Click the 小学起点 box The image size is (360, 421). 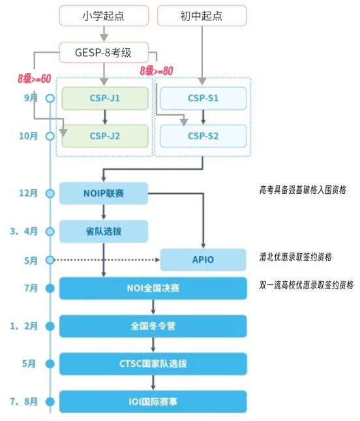click(x=104, y=16)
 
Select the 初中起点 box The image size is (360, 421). click(x=202, y=16)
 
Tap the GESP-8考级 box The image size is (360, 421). click(x=104, y=52)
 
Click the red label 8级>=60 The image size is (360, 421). click(x=35, y=78)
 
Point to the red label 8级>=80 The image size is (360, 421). click(x=157, y=70)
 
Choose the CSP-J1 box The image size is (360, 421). click(x=105, y=99)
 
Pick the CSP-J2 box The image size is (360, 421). click(x=105, y=136)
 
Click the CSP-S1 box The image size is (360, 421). click(x=203, y=99)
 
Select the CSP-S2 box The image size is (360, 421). click(x=203, y=136)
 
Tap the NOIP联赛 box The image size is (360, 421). click(x=104, y=193)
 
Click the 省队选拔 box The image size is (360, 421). click(x=104, y=232)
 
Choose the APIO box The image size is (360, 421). click(x=203, y=260)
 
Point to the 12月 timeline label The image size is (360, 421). click(x=28, y=193)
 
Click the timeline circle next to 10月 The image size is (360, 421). click(x=50, y=136)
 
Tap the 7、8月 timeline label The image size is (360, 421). click(x=24, y=401)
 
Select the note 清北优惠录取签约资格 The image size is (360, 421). click(x=295, y=257)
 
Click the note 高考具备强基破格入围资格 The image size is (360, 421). click(x=303, y=190)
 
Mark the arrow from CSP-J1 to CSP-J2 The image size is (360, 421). click(x=105, y=117)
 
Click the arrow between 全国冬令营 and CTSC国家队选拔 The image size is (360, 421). click(x=153, y=345)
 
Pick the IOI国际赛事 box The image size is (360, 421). click(x=153, y=402)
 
